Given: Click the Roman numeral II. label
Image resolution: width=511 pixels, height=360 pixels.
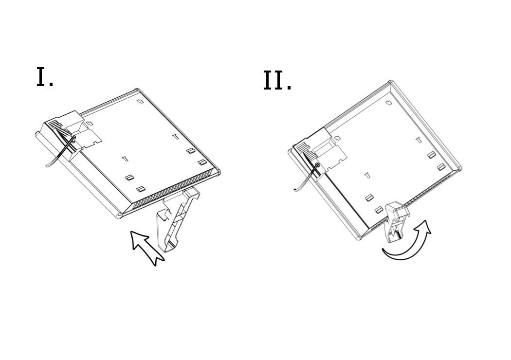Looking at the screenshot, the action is pyautogui.click(x=277, y=80).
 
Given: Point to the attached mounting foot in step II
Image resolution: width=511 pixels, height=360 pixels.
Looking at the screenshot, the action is pyautogui.click(x=396, y=221).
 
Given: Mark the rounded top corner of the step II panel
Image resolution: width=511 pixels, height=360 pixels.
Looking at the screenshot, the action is pyautogui.click(x=391, y=82).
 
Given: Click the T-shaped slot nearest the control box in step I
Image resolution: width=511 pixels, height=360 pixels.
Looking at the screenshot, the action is pyautogui.click(x=125, y=159).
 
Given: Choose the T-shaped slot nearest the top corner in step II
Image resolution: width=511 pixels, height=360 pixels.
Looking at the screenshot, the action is pyautogui.click(x=419, y=140).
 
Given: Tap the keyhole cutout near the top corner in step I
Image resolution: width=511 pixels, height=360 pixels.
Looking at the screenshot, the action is pyautogui.click(x=140, y=101).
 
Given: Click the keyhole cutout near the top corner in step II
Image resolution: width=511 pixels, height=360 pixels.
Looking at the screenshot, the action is pyautogui.click(x=388, y=103).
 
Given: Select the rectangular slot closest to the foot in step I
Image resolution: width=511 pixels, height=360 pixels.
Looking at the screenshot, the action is pyautogui.click(x=141, y=189).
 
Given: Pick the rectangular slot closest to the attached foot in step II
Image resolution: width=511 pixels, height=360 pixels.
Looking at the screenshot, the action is pyautogui.click(x=378, y=210).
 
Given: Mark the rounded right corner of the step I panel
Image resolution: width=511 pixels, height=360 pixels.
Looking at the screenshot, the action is pyautogui.click(x=218, y=172).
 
